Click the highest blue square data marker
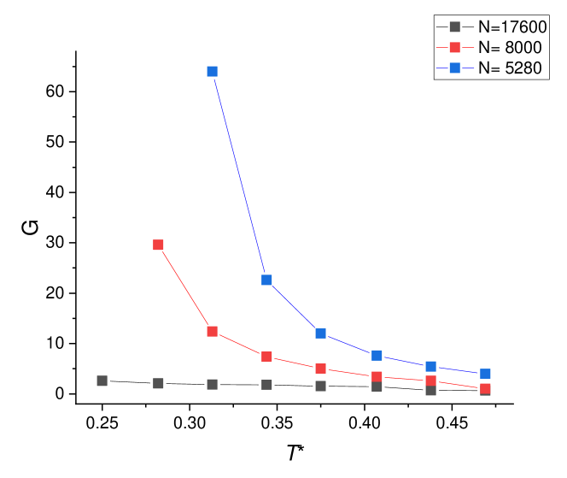[x=212, y=71]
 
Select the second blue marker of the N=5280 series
[x=266, y=280]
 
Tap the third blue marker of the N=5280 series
[x=320, y=333]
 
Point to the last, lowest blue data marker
[x=485, y=374]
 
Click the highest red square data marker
[x=158, y=245]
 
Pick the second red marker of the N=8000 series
[x=212, y=331]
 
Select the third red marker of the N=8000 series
[x=266, y=357]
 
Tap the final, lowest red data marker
[x=485, y=388]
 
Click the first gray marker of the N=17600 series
[x=102, y=381]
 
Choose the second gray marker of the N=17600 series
[x=158, y=383]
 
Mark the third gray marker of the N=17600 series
[x=212, y=384]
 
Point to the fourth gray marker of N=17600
[x=266, y=385]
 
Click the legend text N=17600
[x=511, y=27]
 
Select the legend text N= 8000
[x=510, y=48]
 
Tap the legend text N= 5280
[x=510, y=68]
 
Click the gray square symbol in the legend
[x=455, y=27]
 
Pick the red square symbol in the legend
[x=455, y=47]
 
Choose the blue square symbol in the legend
[x=455, y=68]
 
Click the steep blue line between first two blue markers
[x=239, y=175]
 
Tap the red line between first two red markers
[x=184, y=287]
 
